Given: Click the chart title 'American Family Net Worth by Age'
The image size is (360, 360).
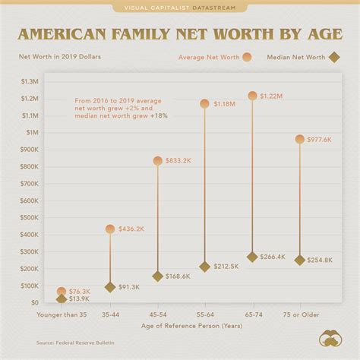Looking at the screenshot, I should (x=180, y=34).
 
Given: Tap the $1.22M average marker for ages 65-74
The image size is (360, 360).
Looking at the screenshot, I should (x=252, y=96).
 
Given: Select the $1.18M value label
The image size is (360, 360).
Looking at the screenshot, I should (x=225, y=103).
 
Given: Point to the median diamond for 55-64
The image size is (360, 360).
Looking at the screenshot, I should (x=204, y=267).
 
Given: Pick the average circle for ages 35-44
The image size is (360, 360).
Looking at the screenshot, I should (x=110, y=229).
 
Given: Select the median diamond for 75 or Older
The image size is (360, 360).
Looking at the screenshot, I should (x=300, y=260).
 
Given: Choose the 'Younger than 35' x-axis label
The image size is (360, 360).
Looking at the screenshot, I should (x=62, y=314).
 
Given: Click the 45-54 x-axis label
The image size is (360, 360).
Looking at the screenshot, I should (x=157, y=314).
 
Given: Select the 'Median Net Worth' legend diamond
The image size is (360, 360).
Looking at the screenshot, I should (x=333, y=57).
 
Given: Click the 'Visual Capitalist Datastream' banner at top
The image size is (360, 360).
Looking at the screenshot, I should (x=180, y=8).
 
